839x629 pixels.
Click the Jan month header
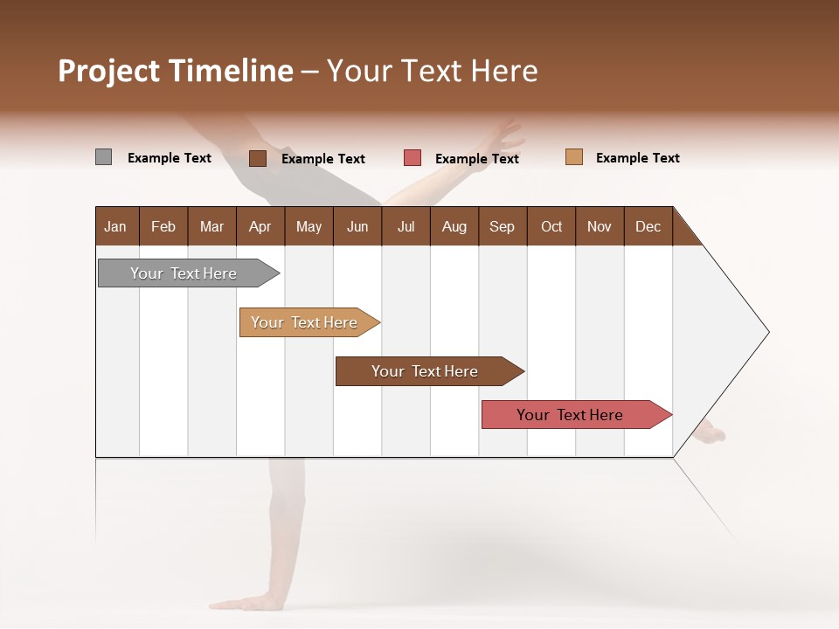point(116,226)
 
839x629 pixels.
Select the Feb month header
point(163,226)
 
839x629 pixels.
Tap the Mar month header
point(211,226)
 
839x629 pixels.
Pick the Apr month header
point(260,226)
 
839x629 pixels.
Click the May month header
point(309,226)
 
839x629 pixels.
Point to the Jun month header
point(357,226)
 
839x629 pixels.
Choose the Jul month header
point(406,226)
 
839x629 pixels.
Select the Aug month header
point(454,226)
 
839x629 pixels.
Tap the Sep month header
point(503,226)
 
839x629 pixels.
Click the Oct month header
point(551,226)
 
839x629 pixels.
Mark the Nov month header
point(600,226)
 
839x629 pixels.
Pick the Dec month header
point(648,226)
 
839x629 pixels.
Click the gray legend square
point(103,157)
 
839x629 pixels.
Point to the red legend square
point(413,158)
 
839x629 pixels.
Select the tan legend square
point(574,157)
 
